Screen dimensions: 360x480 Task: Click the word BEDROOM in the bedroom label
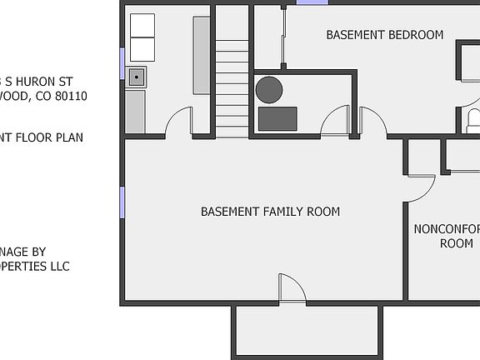(x=414, y=35)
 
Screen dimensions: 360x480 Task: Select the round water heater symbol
(x=269, y=88)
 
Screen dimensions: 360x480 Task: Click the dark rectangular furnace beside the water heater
(x=277, y=118)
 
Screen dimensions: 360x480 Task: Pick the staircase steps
(x=232, y=83)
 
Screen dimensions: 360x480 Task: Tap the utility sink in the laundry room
(x=136, y=78)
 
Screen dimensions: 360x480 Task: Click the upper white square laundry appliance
(x=142, y=26)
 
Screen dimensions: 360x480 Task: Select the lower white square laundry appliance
(x=142, y=49)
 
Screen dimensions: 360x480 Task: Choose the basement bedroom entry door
(x=372, y=122)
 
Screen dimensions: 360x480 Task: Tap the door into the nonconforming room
(x=422, y=188)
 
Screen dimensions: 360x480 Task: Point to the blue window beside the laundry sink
(x=122, y=63)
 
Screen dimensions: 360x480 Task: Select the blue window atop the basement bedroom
(x=312, y=2)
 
